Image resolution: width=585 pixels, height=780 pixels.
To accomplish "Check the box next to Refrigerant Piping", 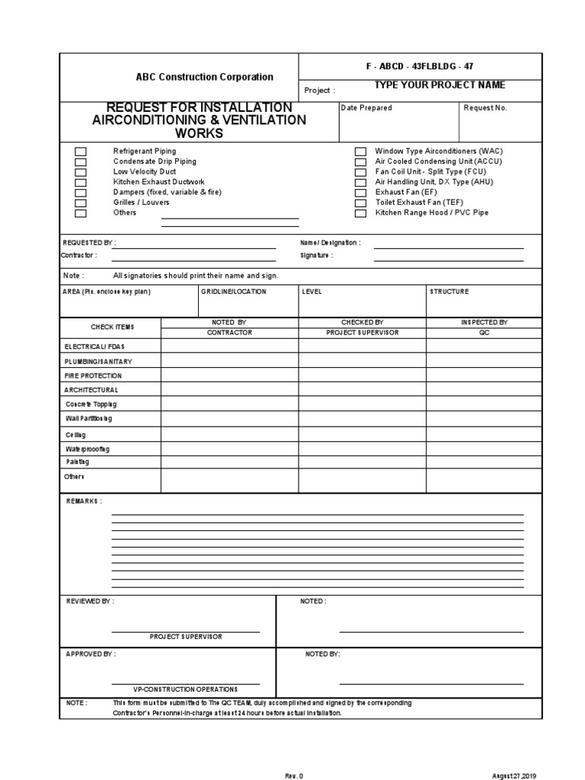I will (x=80, y=152).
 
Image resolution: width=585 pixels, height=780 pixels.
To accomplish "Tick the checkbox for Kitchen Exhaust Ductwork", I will (x=80, y=182).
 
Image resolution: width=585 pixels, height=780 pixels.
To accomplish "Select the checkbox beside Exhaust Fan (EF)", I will (x=360, y=193).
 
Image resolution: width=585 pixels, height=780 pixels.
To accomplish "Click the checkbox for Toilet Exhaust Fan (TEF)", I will (x=360, y=203).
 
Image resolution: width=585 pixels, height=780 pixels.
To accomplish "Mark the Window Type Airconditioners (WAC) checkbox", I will (x=360, y=152).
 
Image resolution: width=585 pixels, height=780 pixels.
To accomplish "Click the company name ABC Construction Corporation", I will (x=204, y=77).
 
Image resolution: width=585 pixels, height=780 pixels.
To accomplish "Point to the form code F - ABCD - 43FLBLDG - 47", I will (x=420, y=66).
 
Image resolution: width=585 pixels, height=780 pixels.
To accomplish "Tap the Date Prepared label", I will (x=366, y=108).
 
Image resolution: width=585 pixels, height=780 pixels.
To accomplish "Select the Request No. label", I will (x=485, y=108).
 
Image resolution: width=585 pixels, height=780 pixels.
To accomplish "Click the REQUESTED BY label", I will (x=88, y=243).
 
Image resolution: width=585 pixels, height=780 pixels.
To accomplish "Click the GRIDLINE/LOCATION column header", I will (x=234, y=292).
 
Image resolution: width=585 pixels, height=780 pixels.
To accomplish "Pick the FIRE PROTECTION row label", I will (x=93, y=376).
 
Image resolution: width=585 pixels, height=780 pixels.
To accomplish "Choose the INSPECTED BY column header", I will (x=484, y=322).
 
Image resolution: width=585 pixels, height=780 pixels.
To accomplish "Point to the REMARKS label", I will (x=84, y=501).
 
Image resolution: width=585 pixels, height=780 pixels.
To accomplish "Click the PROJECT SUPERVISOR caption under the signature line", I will (x=186, y=637).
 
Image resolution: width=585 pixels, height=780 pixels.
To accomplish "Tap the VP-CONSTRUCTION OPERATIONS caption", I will (x=186, y=689).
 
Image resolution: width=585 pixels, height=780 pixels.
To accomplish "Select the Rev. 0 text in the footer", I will (x=294, y=775).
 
